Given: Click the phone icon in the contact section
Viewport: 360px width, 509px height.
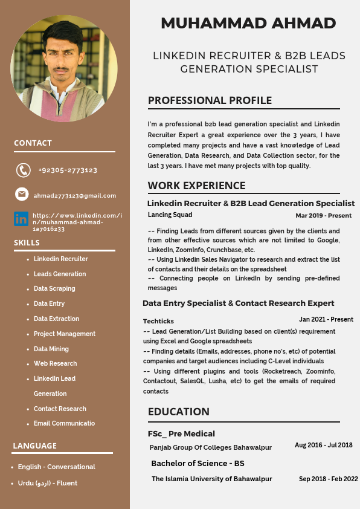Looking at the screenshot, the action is [23, 170].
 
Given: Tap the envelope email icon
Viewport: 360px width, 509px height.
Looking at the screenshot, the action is [22, 194].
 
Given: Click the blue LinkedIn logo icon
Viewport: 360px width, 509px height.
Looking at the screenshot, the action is [21, 218].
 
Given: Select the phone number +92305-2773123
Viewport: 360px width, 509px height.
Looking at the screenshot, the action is [68, 170].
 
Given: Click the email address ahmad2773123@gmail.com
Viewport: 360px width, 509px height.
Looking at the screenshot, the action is [75, 195].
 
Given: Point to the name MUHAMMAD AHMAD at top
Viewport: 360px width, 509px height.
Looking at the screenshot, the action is [248, 24].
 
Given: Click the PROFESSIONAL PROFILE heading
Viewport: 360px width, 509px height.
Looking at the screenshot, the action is [210, 100].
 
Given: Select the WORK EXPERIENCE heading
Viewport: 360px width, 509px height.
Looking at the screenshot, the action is [196, 186].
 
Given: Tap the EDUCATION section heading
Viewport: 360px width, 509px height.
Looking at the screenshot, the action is [179, 412].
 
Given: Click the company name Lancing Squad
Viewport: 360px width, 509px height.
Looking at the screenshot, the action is [170, 215].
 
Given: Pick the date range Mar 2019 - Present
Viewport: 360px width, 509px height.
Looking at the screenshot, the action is [323, 215].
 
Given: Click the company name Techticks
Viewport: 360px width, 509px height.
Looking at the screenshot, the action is [158, 321].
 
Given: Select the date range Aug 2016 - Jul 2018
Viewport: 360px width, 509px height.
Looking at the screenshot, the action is [323, 445].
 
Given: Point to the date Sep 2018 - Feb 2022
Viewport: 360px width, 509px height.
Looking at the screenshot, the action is [328, 479].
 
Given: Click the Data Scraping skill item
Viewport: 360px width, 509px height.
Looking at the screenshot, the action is [54, 288].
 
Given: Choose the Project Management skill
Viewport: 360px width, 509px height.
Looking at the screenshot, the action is [65, 334].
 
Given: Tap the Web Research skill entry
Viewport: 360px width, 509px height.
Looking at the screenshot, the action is [56, 363].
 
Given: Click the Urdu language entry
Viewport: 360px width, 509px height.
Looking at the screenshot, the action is [48, 483].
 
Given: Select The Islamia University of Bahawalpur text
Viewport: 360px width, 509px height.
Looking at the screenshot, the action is [211, 479].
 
